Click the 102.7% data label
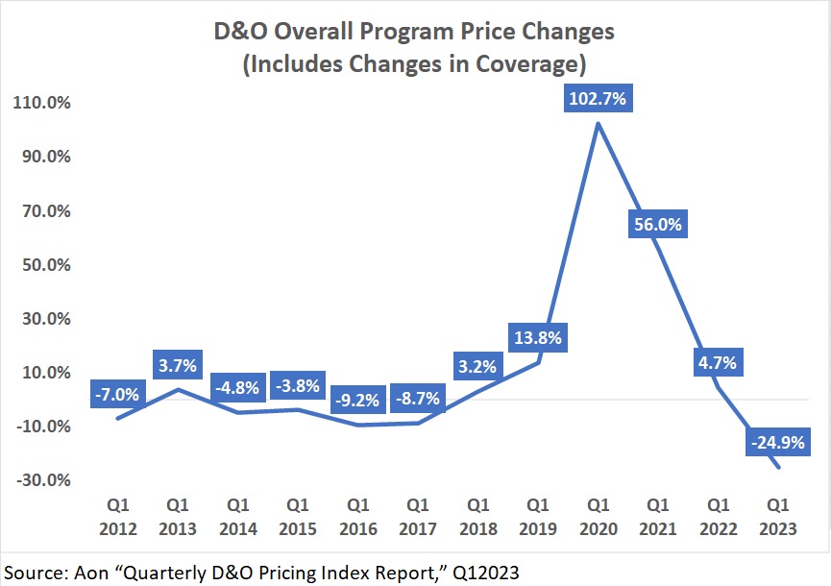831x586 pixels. (598, 99)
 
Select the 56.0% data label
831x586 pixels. (657, 225)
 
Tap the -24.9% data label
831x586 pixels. (776, 443)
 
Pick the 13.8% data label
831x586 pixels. (538, 337)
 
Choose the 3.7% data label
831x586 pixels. (178, 365)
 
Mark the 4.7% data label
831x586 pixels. (717, 363)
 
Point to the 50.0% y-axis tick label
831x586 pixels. (46, 264)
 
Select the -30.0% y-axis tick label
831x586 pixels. (43, 480)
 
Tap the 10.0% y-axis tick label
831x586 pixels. (46, 373)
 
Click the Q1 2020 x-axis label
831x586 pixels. (598, 516)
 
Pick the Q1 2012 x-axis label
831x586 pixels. (118, 516)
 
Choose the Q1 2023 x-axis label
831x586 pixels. (776, 516)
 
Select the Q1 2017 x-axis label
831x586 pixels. (418, 516)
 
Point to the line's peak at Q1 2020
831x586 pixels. (598, 123)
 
